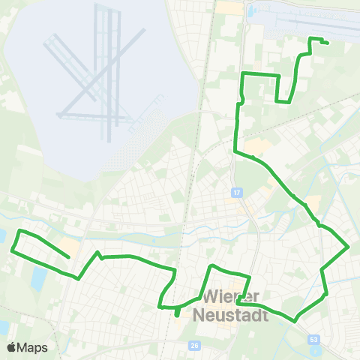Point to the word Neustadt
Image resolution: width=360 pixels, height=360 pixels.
point(231,315)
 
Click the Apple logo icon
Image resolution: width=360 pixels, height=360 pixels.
point(11,347)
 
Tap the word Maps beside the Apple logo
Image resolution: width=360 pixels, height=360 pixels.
point(32,347)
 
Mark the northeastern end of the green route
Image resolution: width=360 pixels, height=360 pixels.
point(328,43)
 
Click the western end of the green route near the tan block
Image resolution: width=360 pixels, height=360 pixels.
point(69,257)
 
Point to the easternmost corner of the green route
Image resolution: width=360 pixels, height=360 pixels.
point(349,246)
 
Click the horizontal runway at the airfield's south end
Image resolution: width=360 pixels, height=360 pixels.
point(90,116)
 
